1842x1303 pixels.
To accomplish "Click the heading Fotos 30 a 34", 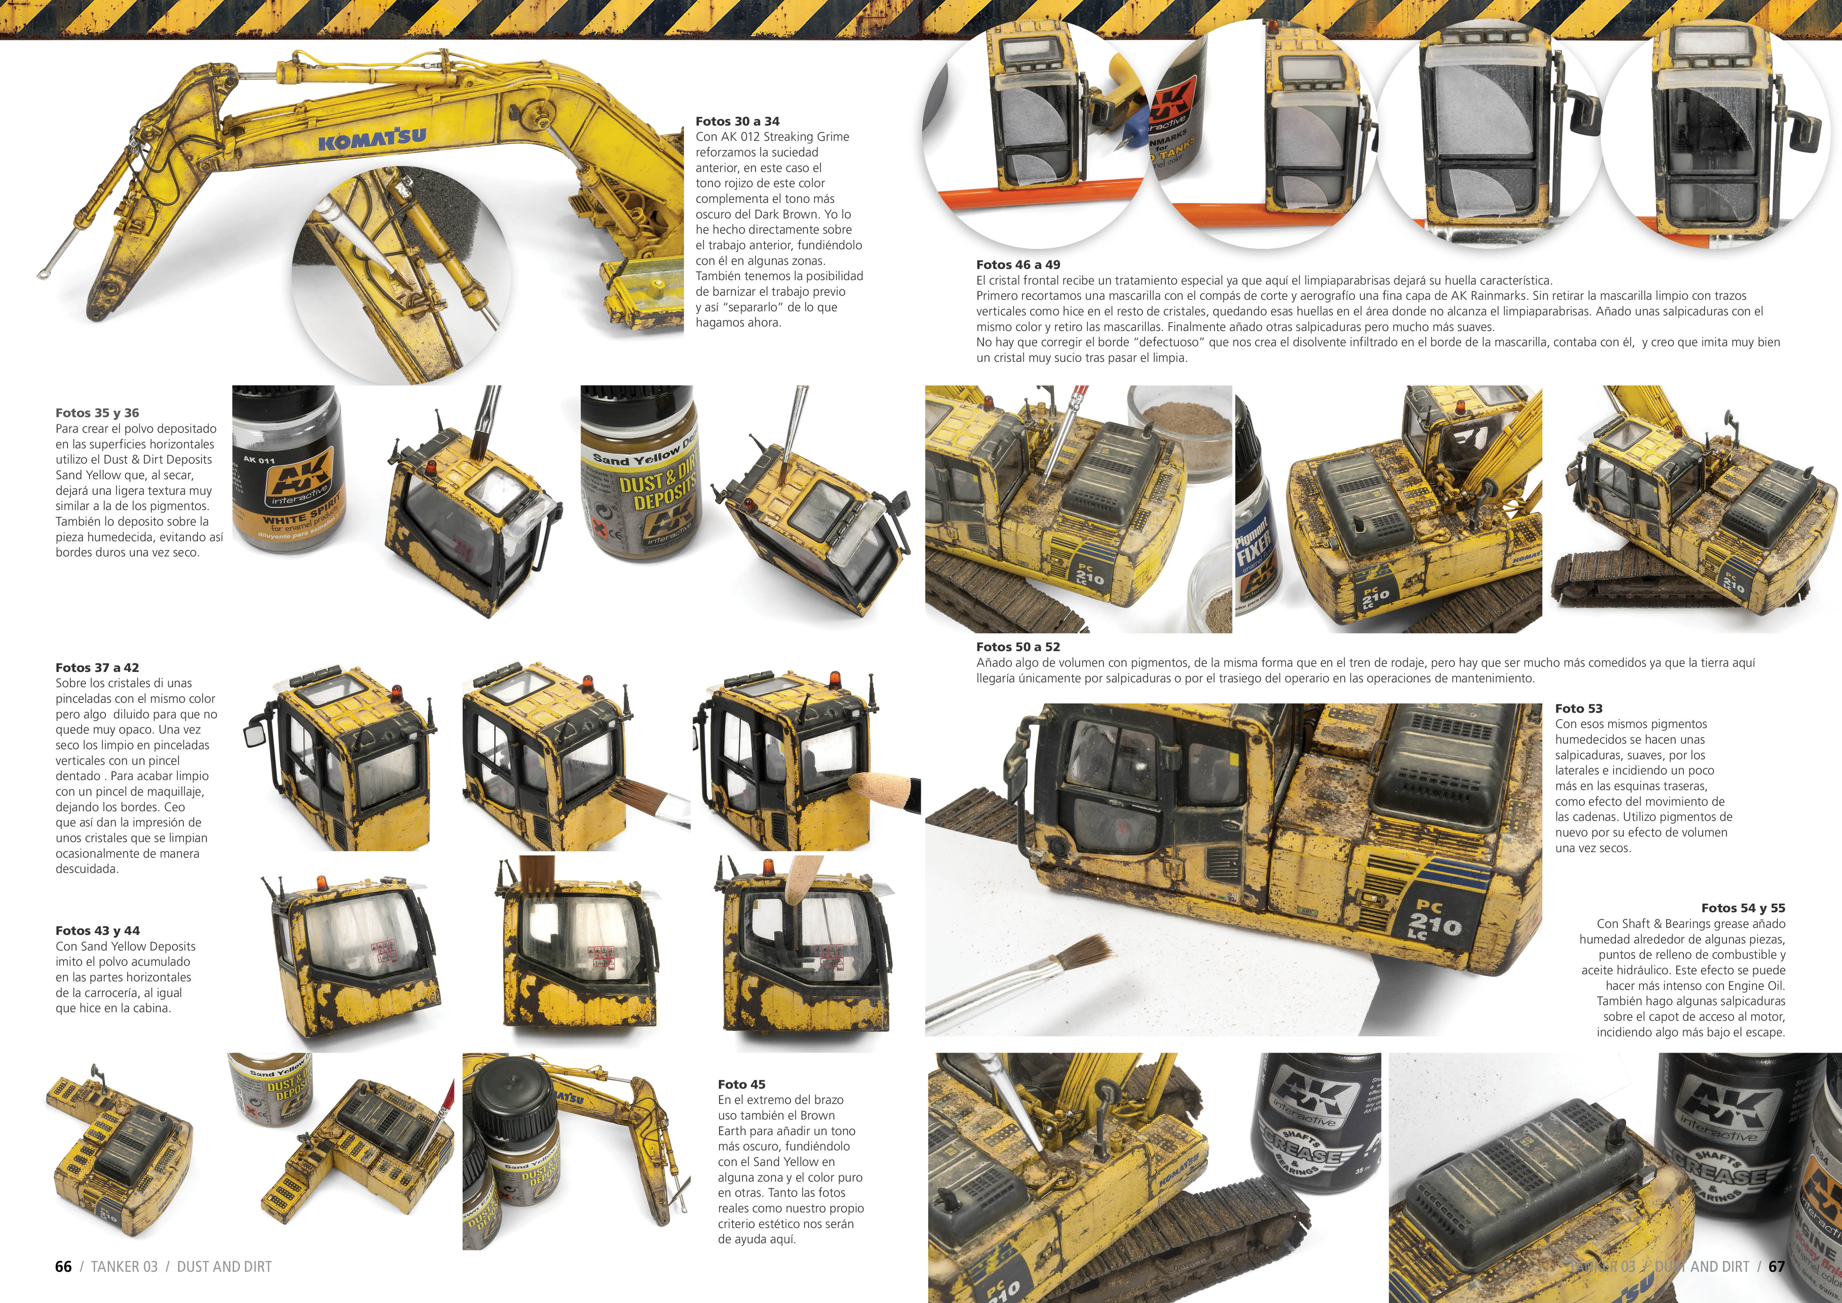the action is click(x=737, y=121).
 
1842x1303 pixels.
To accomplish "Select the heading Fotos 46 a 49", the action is click(x=1018, y=265).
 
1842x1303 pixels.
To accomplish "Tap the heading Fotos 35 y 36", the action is click(x=97, y=413).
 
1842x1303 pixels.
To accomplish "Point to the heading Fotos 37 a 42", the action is click(x=97, y=667).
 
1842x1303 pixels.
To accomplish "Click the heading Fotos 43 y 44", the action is click(x=97, y=931).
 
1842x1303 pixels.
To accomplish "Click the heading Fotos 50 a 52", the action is click(x=1018, y=647).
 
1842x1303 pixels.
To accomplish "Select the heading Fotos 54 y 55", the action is click(x=1743, y=908).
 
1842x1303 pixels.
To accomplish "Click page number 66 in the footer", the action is click(x=63, y=1267).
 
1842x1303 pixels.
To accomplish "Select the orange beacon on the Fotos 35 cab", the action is click(x=431, y=467).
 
